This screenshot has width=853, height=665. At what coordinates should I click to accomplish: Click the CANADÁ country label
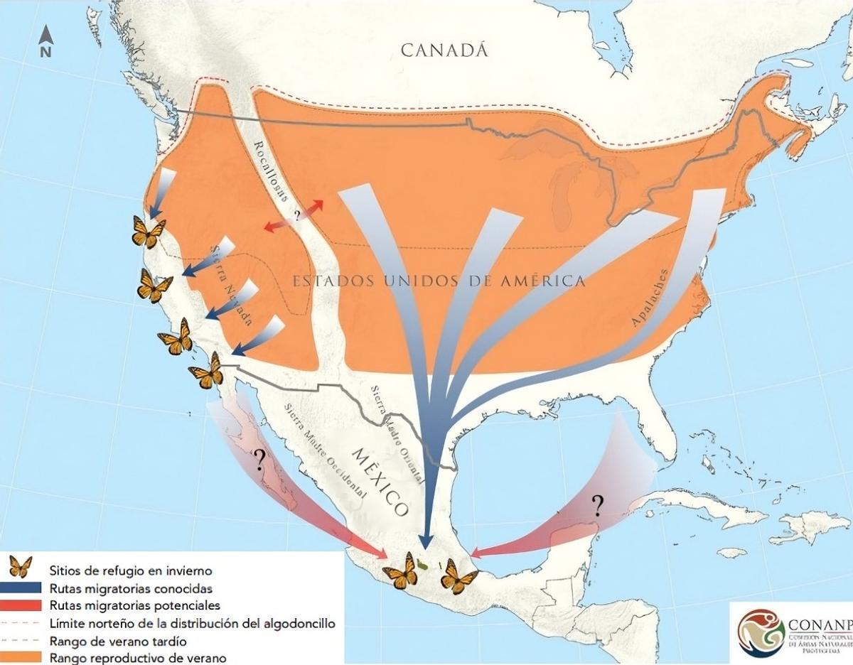pyautogui.click(x=446, y=50)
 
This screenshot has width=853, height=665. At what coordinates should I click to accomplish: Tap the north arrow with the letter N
pyautogui.click(x=45, y=41)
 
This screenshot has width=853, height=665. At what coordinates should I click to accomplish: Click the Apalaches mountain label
pyautogui.click(x=651, y=298)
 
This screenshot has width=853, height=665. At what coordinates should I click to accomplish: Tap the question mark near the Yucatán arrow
pyautogui.click(x=597, y=505)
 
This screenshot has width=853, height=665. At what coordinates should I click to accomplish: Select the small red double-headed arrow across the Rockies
pyautogui.click(x=294, y=215)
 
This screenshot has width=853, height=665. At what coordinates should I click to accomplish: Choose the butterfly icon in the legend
pyautogui.click(x=20, y=567)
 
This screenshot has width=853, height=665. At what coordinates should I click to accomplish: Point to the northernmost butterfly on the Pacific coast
pyautogui.click(x=149, y=232)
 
